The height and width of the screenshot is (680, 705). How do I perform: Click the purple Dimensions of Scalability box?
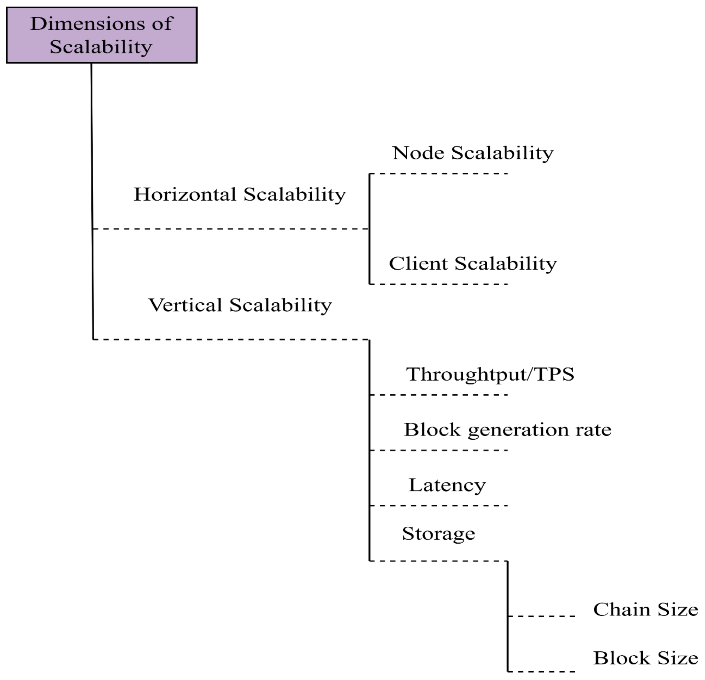pos(102,35)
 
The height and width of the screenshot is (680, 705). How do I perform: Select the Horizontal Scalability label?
pos(240,195)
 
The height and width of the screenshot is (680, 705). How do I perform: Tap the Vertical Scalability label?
pos(240,305)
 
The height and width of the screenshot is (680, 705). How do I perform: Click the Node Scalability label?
pos(473,153)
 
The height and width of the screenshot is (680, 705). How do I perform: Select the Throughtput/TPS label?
pos(490,374)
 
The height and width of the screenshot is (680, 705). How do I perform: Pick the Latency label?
pos(447,485)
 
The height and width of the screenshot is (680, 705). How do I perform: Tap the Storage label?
pos(438,533)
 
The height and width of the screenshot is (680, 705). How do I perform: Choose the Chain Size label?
pos(645,609)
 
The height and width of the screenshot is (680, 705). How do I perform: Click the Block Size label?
pos(645,658)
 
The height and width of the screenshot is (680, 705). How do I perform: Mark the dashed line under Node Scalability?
pos(439,174)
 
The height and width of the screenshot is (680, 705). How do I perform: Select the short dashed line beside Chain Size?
pos(541,616)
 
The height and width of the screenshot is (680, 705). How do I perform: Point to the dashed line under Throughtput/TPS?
pos(439,395)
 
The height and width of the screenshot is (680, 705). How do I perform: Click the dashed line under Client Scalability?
pos(439,284)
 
